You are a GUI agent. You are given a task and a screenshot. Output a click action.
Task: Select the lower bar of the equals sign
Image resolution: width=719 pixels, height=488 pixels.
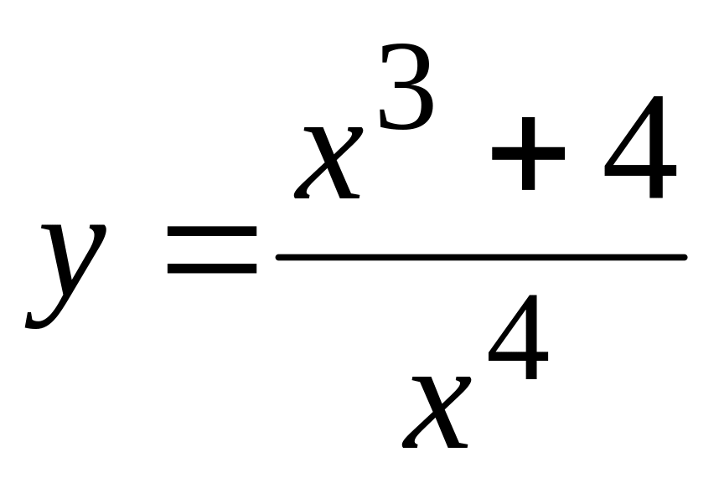[x=212, y=270]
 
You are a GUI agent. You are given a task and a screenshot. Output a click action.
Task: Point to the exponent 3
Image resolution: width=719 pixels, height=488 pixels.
[x=406, y=87]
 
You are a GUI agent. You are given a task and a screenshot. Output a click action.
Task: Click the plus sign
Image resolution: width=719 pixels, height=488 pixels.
[x=528, y=154]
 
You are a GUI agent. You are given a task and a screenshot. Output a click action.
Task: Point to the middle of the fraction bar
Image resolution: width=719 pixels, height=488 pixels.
[x=482, y=257]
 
